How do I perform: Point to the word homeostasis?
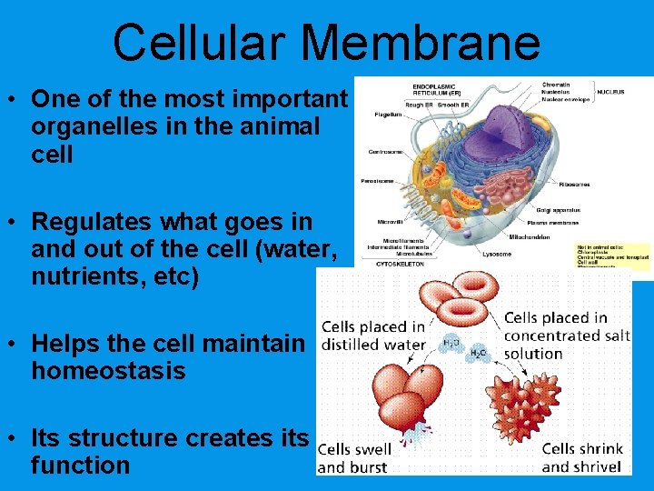click(108, 371)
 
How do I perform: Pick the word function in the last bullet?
click(81, 466)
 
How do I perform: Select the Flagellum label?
click(388, 115)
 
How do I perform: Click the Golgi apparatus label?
click(559, 210)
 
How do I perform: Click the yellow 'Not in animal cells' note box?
click(612, 255)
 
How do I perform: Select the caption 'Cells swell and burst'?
click(354, 458)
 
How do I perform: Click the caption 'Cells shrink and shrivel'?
click(581, 457)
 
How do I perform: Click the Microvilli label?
click(391, 222)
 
